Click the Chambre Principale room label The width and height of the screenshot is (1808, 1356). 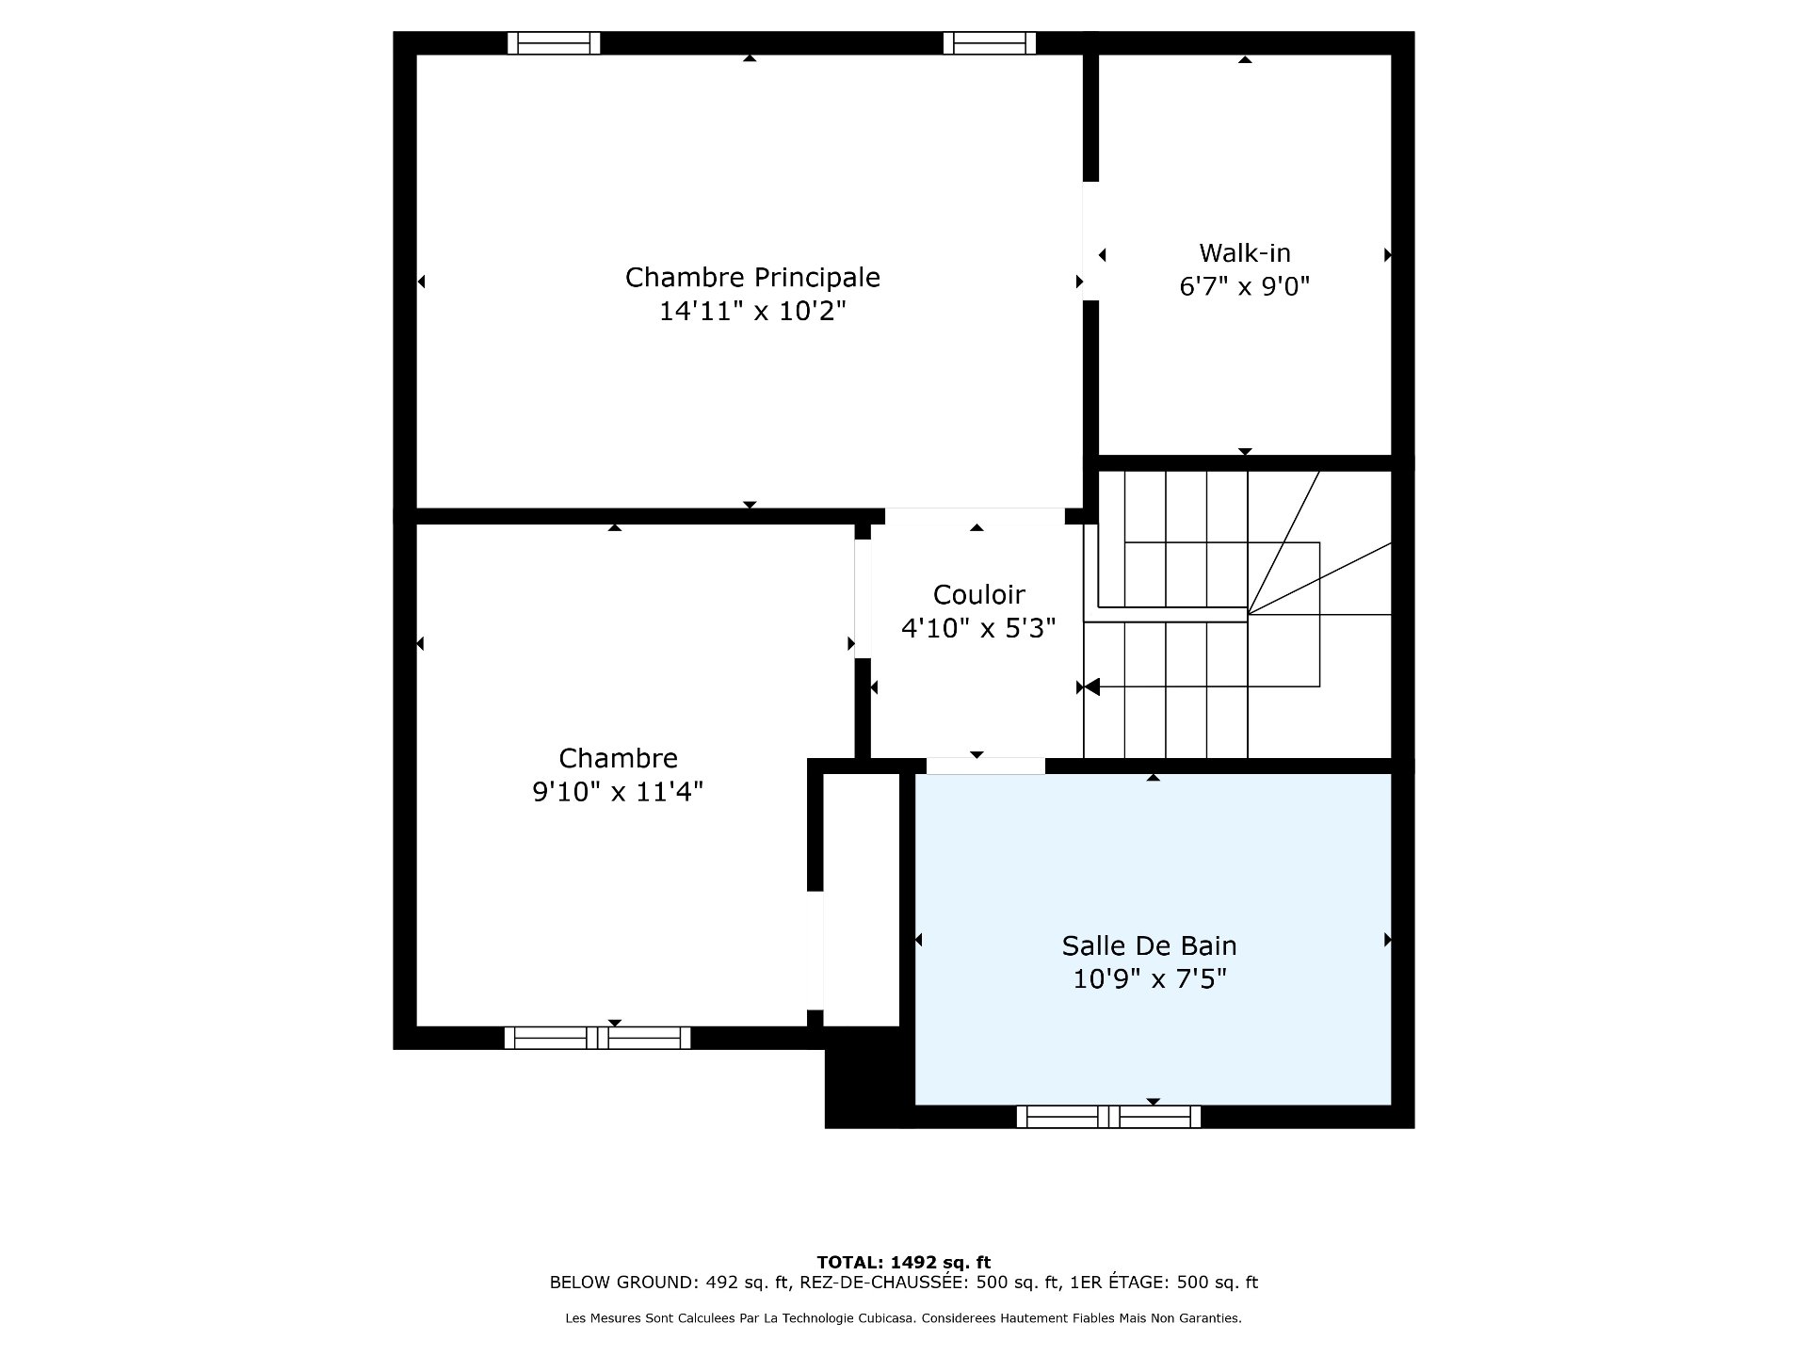point(752,278)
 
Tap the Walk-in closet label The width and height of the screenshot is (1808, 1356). point(1245,252)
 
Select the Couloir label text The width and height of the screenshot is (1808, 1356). point(978,594)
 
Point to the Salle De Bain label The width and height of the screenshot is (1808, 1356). point(1149,945)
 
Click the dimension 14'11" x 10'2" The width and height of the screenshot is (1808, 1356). point(752,311)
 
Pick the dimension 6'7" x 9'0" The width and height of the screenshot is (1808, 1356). point(1245,285)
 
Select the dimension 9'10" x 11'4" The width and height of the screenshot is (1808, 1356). point(618,792)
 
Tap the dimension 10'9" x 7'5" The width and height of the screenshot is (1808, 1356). point(1150,979)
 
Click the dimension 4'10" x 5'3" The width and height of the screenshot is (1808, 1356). point(978,628)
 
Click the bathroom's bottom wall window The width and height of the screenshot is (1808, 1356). point(1108,1117)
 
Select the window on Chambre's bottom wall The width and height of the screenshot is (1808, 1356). point(597,1038)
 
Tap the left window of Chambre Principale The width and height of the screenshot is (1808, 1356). point(554,43)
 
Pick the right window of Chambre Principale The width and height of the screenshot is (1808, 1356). point(990,43)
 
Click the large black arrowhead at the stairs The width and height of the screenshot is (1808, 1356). point(1091,687)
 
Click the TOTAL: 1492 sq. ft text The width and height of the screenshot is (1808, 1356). point(904,1262)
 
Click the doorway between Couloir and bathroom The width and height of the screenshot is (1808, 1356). point(986,766)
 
